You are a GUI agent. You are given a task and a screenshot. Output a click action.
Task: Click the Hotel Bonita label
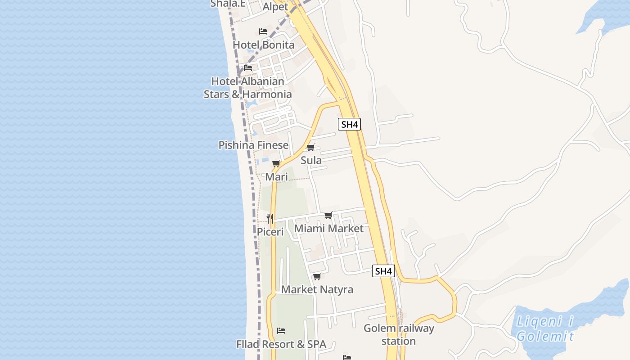[x=263, y=45]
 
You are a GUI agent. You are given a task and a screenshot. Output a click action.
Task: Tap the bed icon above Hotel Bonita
[x=263, y=31]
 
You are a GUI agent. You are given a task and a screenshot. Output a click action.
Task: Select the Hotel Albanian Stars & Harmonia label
[x=247, y=88]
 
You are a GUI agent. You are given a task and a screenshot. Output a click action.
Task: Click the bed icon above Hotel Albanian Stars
[x=248, y=68]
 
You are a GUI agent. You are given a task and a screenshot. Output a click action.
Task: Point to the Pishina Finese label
[x=253, y=145]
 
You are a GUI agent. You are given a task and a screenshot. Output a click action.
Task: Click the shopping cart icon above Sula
[x=311, y=147]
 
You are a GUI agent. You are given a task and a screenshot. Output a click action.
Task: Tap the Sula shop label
[x=311, y=160]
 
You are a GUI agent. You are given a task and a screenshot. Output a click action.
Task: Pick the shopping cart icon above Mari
[x=276, y=163]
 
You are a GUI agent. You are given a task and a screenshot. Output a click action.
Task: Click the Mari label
[x=276, y=177]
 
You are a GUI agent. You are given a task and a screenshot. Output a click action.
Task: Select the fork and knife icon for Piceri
[x=270, y=219]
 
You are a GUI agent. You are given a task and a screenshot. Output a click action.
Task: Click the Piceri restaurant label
[x=270, y=232]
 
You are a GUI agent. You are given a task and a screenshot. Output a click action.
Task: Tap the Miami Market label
[x=328, y=229]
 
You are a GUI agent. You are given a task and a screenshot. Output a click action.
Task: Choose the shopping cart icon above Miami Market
[x=328, y=216]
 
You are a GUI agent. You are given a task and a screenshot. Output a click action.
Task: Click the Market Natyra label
[x=317, y=289]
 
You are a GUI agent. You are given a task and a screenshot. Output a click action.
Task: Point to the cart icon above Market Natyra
[x=317, y=276]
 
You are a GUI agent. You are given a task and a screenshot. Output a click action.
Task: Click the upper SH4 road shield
[x=350, y=124]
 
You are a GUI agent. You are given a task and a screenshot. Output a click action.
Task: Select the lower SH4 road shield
[x=383, y=271]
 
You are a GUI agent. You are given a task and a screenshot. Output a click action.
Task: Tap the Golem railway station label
[x=399, y=334]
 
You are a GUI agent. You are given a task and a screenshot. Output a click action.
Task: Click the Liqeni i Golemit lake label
[x=545, y=329]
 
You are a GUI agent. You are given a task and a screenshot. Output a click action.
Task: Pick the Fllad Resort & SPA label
[x=281, y=345]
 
